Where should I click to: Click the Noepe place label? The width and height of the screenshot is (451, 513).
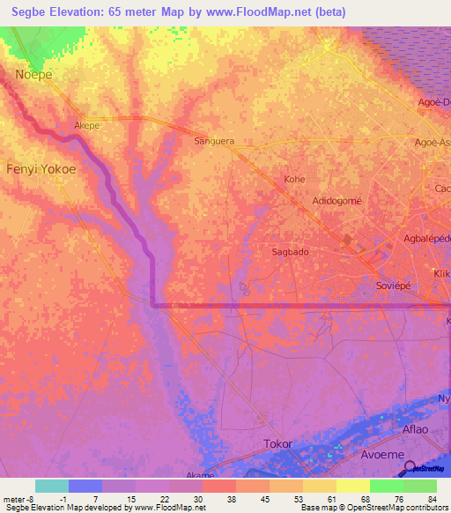pos(34,75)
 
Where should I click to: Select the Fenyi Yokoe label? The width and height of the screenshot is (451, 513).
pos(41,168)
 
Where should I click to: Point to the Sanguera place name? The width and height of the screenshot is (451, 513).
pos(214,140)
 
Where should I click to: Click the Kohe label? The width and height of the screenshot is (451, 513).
pos(293,179)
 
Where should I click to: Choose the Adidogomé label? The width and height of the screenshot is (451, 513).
pos(337,201)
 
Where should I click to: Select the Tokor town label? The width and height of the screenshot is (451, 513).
pos(277,443)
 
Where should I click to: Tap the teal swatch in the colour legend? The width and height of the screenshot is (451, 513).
pos(52,486)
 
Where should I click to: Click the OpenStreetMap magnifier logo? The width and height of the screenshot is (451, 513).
pos(409,467)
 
